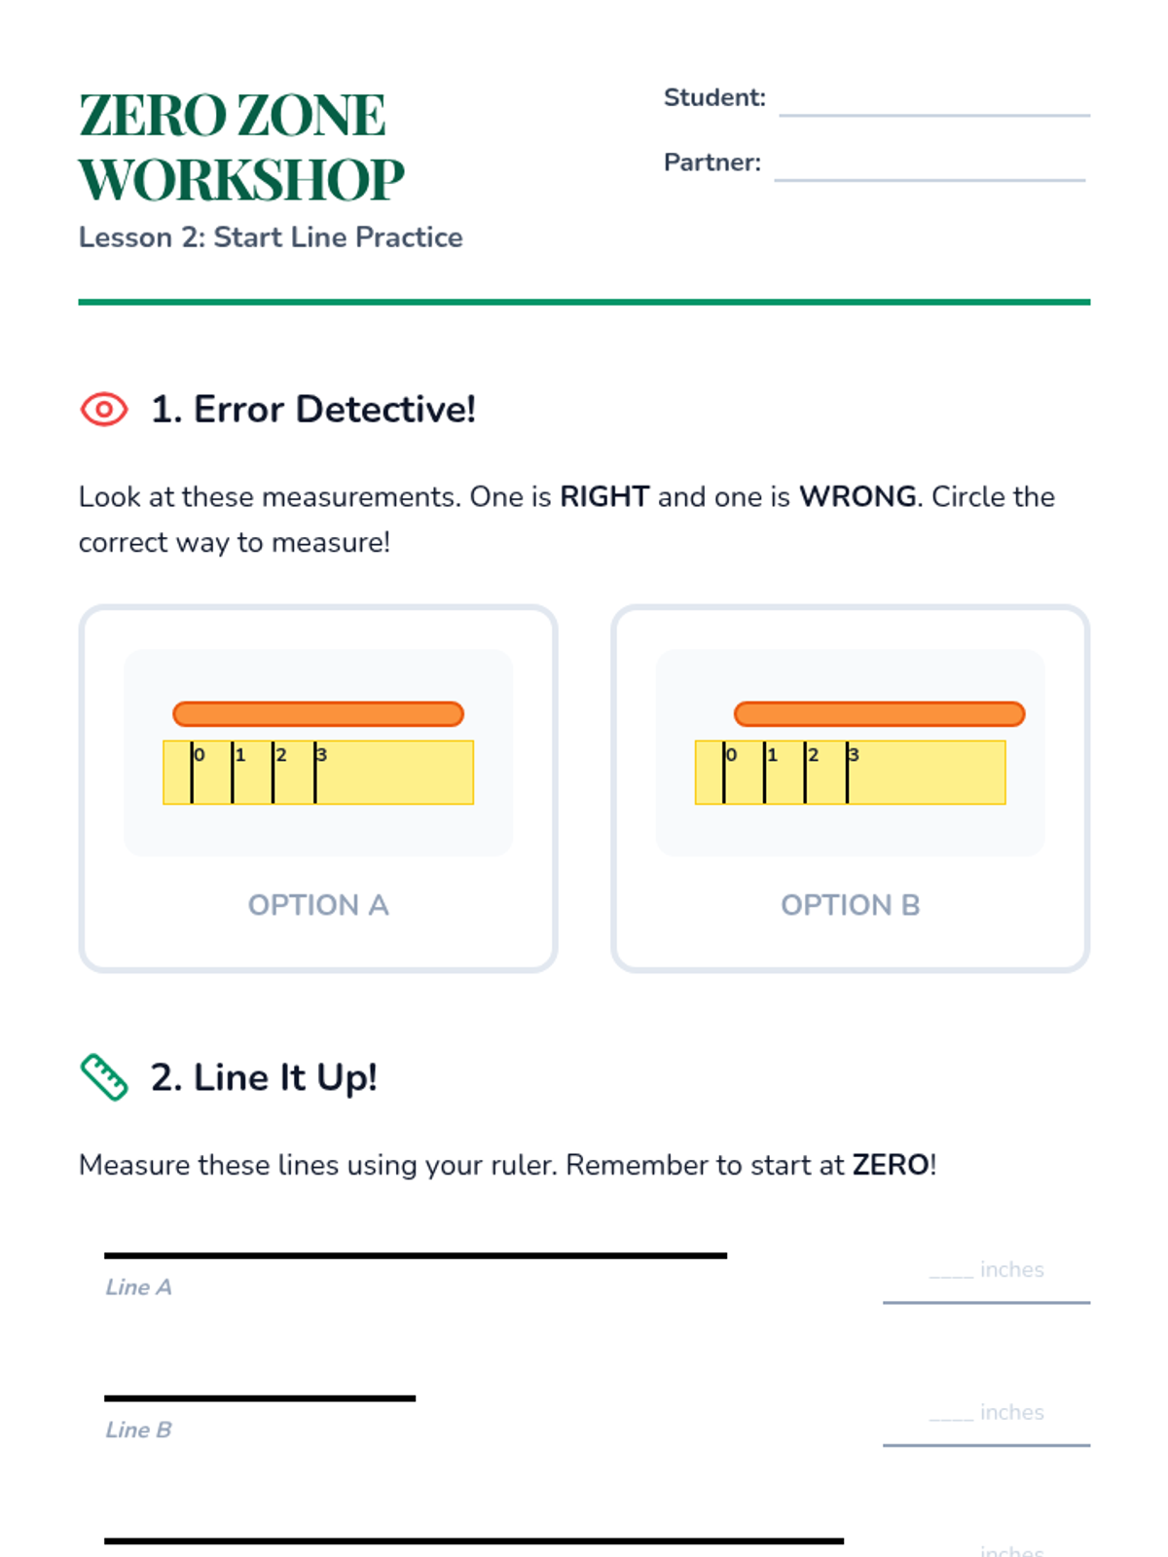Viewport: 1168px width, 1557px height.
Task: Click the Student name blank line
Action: [934, 115]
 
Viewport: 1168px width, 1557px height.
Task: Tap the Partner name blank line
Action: [929, 180]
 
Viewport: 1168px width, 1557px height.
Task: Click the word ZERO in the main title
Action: [153, 115]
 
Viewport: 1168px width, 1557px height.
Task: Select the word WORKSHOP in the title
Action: [241, 179]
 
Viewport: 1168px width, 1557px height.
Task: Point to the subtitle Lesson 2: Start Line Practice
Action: [271, 236]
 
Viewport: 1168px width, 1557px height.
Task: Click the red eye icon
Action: [103, 410]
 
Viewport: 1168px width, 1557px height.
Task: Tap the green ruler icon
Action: [104, 1077]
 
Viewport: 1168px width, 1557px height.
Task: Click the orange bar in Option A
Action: [318, 713]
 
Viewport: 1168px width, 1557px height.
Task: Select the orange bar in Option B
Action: [879, 713]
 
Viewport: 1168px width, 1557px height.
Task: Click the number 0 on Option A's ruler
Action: [200, 755]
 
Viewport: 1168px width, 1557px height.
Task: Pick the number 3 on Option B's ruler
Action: [854, 755]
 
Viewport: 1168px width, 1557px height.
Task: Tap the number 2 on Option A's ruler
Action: [281, 755]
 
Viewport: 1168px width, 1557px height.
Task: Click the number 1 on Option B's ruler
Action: [772, 755]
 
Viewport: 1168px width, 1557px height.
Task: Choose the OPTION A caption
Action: [318, 905]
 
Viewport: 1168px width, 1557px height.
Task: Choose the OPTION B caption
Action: [851, 905]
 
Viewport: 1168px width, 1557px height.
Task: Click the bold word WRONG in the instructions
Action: [858, 496]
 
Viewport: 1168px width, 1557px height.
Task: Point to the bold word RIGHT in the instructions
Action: [604, 496]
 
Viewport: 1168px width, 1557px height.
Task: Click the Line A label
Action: [139, 1286]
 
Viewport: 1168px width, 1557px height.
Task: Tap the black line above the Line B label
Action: [260, 1398]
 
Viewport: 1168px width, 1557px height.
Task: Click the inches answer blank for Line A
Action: [986, 1283]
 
